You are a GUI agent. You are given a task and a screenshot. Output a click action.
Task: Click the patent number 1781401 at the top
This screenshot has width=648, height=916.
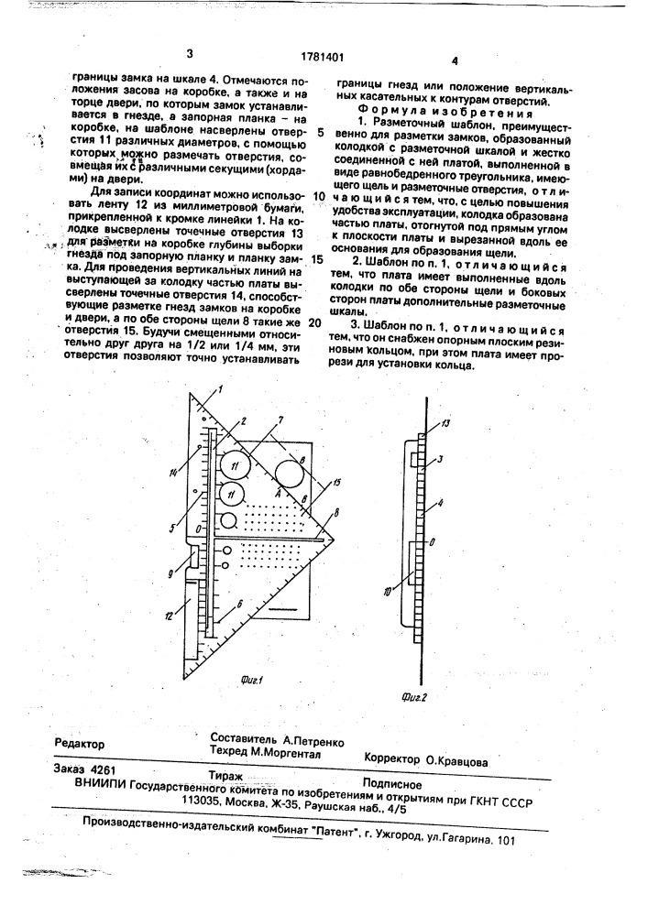[322, 55]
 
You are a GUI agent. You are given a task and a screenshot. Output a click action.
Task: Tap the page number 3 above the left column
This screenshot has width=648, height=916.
[190, 53]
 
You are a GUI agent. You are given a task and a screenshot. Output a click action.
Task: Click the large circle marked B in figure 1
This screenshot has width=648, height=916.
[289, 474]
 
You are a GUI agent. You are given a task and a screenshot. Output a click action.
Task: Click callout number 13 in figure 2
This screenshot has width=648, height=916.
[445, 423]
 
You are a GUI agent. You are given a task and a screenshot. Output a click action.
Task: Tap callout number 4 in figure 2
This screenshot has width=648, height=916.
[445, 503]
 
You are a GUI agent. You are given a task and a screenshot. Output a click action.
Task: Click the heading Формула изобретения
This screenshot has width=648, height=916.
[435, 106]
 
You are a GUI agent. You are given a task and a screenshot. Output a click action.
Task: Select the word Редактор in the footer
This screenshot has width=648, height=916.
[80, 745]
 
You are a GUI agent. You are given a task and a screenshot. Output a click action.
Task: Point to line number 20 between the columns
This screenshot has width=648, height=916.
[314, 322]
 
